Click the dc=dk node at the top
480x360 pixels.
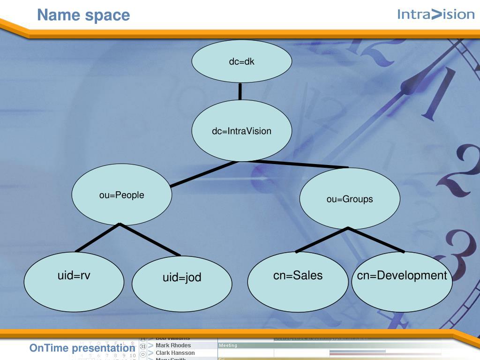(x=241, y=61)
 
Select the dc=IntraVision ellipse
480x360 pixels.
(x=241, y=131)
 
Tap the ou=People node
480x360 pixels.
(x=121, y=195)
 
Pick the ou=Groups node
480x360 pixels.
(x=350, y=199)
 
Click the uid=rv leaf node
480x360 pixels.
(x=74, y=281)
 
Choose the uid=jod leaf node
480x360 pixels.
(x=182, y=283)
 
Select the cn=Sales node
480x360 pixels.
(x=298, y=281)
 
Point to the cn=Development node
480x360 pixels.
(x=402, y=281)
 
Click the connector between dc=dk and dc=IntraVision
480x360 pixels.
(x=240, y=91)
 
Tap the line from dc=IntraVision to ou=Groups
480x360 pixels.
(x=300, y=164)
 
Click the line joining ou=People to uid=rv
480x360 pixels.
(x=97, y=238)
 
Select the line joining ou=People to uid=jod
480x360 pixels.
(x=150, y=240)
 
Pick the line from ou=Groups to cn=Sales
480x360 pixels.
(x=322, y=240)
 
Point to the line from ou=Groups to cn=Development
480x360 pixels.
(x=376, y=240)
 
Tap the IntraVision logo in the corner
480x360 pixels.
(x=435, y=15)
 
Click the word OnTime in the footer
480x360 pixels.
(x=49, y=348)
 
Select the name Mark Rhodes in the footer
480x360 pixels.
(x=173, y=345)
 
